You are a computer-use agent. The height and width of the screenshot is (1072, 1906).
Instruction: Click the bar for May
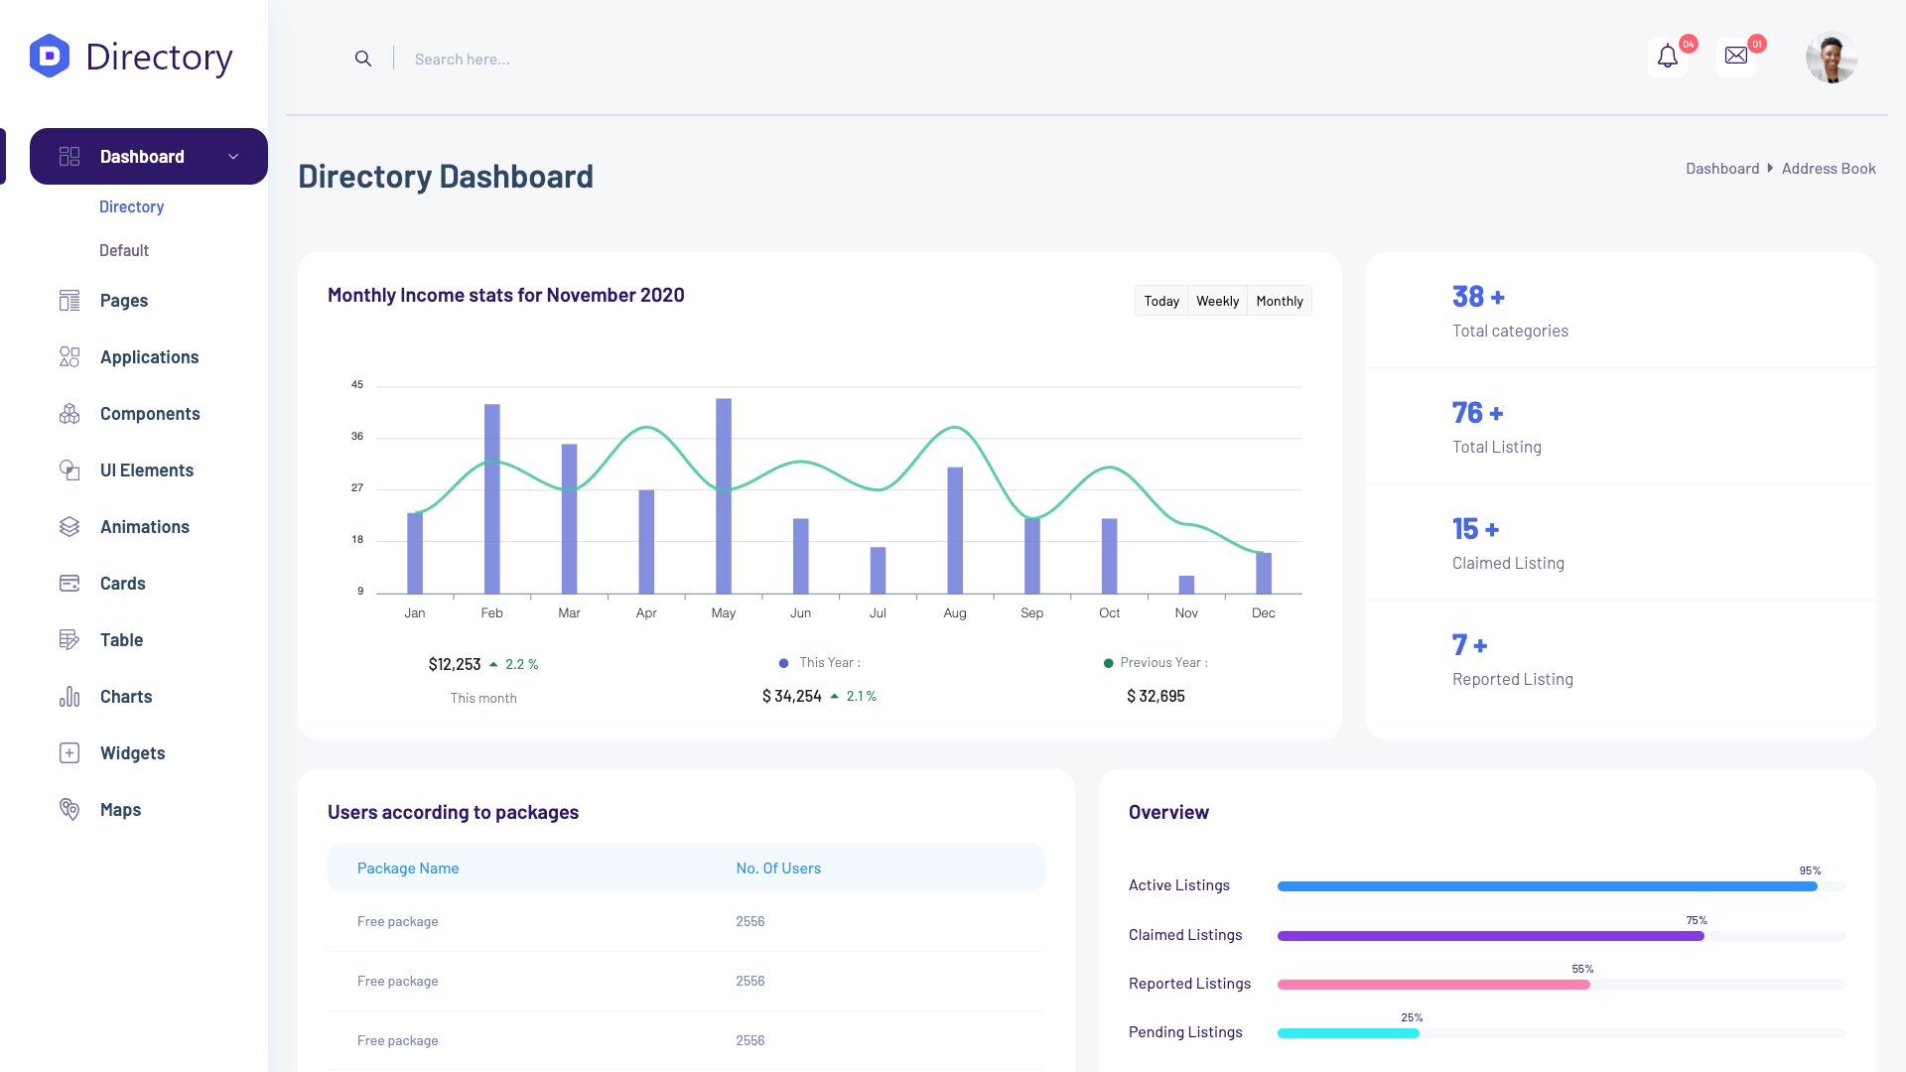(x=724, y=496)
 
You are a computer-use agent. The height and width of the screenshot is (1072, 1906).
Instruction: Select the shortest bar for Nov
(x=1186, y=585)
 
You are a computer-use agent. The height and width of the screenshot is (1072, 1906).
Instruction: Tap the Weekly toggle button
(x=1217, y=301)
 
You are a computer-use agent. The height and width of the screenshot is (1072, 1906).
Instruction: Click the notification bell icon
(x=1668, y=57)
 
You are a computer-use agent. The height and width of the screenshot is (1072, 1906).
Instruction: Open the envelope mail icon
(x=1736, y=57)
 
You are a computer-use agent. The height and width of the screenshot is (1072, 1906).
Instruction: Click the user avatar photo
(x=1832, y=58)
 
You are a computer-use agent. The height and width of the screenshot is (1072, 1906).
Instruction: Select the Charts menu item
(x=126, y=697)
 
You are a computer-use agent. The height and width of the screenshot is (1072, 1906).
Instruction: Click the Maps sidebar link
(x=120, y=810)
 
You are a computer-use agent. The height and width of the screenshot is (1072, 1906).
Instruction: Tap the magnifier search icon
(x=363, y=60)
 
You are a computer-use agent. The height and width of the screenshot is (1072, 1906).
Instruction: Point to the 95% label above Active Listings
(x=1810, y=871)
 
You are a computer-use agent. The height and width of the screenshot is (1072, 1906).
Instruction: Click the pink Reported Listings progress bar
(x=1432, y=985)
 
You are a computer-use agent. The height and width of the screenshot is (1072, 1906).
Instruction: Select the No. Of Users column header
(x=778, y=869)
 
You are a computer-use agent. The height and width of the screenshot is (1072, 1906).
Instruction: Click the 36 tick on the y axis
(x=357, y=436)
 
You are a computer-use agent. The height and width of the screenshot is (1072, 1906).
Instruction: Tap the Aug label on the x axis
(x=955, y=613)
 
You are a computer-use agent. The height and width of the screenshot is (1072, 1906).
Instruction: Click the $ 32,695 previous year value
(x=1156, y=697)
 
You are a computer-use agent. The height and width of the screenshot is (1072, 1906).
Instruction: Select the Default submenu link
(x=124, y=251)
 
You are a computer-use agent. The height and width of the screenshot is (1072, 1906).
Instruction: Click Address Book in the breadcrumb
(x=1829, y=169)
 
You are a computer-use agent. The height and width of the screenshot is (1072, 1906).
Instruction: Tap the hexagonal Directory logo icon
(x=50, y=57)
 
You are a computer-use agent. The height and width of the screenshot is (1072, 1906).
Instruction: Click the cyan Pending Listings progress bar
(x=1348, y=1033)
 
